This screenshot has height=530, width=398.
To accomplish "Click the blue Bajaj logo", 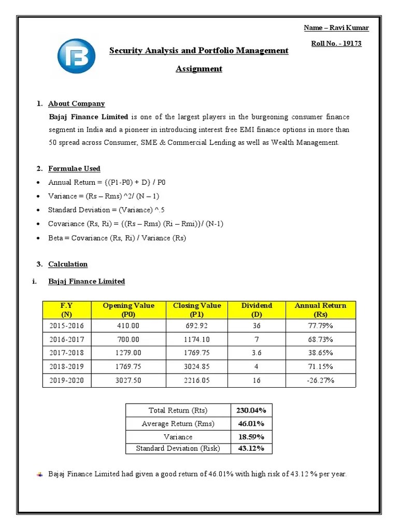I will (76, 55).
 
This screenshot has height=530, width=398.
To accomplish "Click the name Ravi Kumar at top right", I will (336, 27).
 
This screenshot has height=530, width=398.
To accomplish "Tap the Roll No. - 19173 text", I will (336, 43).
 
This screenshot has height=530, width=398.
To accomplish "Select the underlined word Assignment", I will (199, 69).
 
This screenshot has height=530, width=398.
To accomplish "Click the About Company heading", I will (76, 104).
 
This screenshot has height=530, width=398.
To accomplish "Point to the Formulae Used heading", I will (74, 169).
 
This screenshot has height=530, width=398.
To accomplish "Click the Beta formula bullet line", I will (117, 238).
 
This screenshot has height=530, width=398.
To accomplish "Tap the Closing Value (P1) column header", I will (197, 310).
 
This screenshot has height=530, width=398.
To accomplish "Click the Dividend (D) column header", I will (257, 310).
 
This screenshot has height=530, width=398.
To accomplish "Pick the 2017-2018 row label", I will (66, 353).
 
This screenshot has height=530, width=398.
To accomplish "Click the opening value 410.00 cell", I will (129, 326).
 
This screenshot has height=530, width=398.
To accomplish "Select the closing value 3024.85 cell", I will (197, 367).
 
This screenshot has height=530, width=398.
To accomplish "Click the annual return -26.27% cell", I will (321, 380).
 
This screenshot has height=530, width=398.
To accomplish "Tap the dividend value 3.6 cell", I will (257, 353).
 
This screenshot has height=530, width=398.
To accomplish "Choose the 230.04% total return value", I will (251, 410).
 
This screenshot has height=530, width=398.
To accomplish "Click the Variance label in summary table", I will (178, 436).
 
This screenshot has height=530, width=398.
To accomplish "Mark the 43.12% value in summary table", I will (251, 448).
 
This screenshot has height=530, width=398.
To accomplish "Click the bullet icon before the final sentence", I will (41, 474).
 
